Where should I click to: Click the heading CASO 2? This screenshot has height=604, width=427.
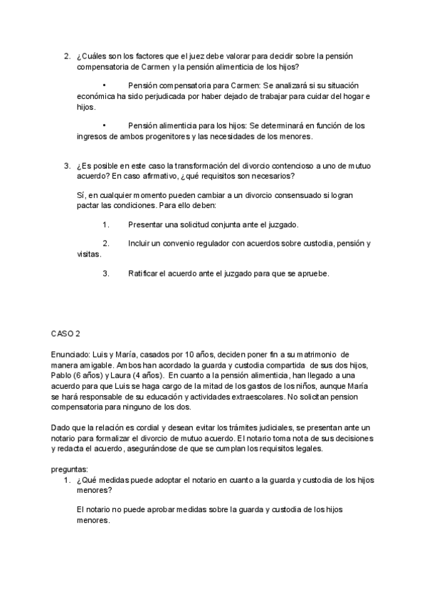tap(65, 333)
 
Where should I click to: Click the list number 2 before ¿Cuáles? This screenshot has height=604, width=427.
tap(66, 56)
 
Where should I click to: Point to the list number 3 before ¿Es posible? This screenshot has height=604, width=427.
tap(66, 167)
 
